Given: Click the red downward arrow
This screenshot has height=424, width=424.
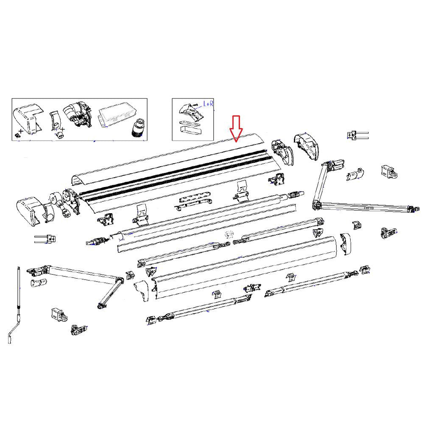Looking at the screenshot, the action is pos(236,128).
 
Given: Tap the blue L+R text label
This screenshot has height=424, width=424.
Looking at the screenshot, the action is pos(208,104).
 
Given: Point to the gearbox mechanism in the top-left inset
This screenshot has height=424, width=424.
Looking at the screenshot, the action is pos(77,115).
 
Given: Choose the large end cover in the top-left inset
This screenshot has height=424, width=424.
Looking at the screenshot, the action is pos(28,119).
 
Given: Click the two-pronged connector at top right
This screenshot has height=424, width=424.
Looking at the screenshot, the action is pos(357,135).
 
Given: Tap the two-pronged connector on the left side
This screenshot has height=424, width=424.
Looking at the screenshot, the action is pos(45,239).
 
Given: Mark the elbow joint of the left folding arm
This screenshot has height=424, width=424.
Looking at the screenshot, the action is pos(119,281).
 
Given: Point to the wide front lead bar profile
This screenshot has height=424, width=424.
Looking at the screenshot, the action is pos(245,267).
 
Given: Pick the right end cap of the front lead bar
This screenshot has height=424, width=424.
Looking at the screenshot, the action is pos(345,244).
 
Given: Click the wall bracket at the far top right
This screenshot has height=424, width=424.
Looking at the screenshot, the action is pos(389,172).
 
